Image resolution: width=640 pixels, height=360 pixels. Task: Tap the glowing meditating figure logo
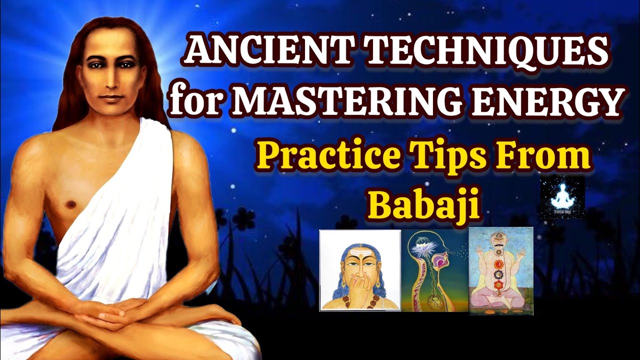[562, 196]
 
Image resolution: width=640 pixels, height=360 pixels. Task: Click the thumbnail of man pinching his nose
[360, 270]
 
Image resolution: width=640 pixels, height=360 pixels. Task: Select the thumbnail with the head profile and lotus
[434, 270]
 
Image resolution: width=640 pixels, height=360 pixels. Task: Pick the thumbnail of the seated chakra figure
[500, 270]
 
